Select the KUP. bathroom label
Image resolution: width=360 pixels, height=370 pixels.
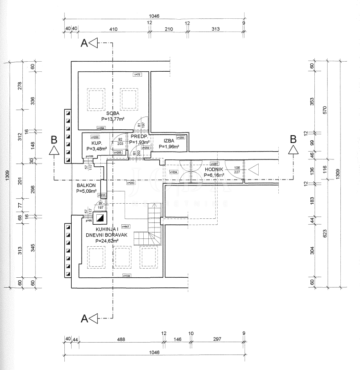click(96, 143)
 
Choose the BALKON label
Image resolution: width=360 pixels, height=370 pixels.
click(86, 185)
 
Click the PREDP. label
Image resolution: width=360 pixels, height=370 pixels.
click(139, 137)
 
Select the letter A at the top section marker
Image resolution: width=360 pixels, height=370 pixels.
click(84, 43)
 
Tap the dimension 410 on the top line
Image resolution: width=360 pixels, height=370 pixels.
click(113, 29)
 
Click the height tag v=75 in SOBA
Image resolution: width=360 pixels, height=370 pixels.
click(137, 74)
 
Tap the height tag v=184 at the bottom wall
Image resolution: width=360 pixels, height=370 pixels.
click(126, 275)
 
